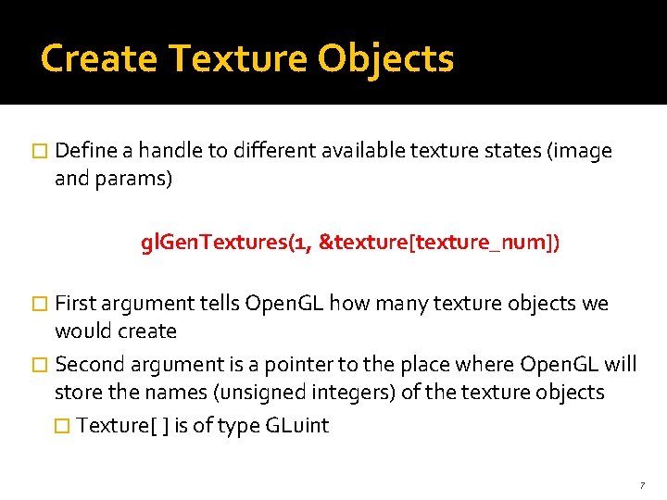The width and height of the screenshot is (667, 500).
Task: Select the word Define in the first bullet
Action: point(84,151)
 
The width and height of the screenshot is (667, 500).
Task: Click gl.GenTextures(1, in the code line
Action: point(225,243)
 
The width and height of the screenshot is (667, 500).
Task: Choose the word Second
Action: point(89,364)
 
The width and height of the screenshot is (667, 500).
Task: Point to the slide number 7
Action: point(641,485)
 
